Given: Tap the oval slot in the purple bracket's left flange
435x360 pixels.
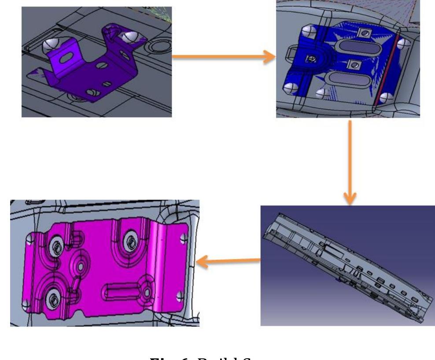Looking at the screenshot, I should [70, 59].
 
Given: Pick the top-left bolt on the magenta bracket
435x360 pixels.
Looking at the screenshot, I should [56, 245].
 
